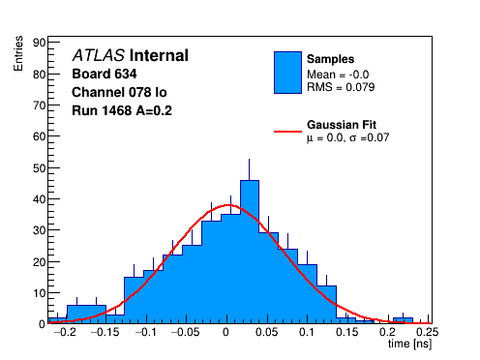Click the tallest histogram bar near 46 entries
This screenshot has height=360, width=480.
250,252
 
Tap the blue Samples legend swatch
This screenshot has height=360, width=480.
287,73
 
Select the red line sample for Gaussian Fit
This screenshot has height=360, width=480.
287,132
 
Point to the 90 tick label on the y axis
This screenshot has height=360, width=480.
39,43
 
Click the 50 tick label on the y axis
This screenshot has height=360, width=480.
39,168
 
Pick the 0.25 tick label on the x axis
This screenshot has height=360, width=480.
427,332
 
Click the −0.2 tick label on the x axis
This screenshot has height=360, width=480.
65,332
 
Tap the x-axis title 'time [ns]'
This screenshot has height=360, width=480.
409,344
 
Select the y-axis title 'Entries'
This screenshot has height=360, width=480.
18,53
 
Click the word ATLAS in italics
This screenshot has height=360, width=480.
99,55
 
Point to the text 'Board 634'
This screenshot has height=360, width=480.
105,74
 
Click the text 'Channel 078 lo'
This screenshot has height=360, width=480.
119,92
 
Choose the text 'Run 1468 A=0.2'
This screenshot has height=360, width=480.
122,110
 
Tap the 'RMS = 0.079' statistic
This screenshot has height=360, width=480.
341,87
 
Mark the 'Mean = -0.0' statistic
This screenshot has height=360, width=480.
338,75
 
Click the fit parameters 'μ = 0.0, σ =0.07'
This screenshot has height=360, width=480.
348,137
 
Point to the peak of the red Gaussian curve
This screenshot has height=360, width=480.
227,205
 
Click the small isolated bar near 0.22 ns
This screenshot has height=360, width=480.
403,320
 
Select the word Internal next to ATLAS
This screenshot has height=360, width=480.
159,55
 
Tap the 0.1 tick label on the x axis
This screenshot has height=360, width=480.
307,332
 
